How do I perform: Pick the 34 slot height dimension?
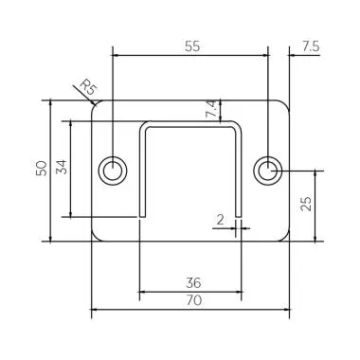[62, 169]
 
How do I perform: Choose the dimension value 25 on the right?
[305, 205]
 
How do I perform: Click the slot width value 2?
[220, 220]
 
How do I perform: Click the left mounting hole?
[114, 170]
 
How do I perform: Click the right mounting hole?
[268, 170]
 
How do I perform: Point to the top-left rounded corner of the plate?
[96, 104]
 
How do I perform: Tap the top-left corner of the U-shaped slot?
[141, 124]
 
